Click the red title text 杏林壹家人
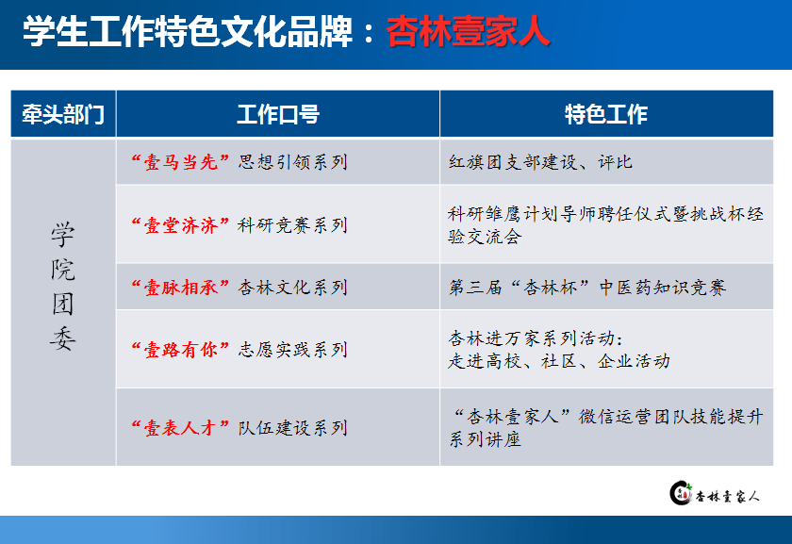pos(469,32)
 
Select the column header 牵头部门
pos(63,115)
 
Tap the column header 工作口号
pos(278,114)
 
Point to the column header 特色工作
pos(606,114)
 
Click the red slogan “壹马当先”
pos(180,162)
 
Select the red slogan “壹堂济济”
pos(180,225)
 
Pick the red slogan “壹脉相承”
pos(180,288)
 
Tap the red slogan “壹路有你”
pos(180,350)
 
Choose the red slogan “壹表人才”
pos(180,428)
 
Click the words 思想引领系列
pos(293,162)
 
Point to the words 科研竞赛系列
pos(293,225)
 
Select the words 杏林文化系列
pos(293,288)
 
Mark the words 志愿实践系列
pos(293,350)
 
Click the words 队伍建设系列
pos(293,428)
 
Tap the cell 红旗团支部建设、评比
pos(540,162)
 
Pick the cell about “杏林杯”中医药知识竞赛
pos(587,288)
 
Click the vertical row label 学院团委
pos(63,286)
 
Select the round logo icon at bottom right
pos(681,493)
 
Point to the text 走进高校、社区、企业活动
pos(559,361)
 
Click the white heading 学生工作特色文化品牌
pos(188,32)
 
